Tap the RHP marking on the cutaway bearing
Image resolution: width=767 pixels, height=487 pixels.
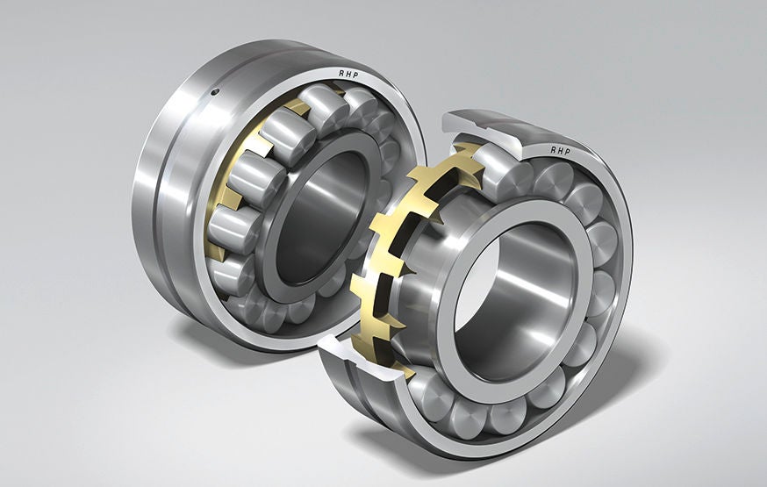562,150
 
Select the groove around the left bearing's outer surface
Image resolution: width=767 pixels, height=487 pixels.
158,202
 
